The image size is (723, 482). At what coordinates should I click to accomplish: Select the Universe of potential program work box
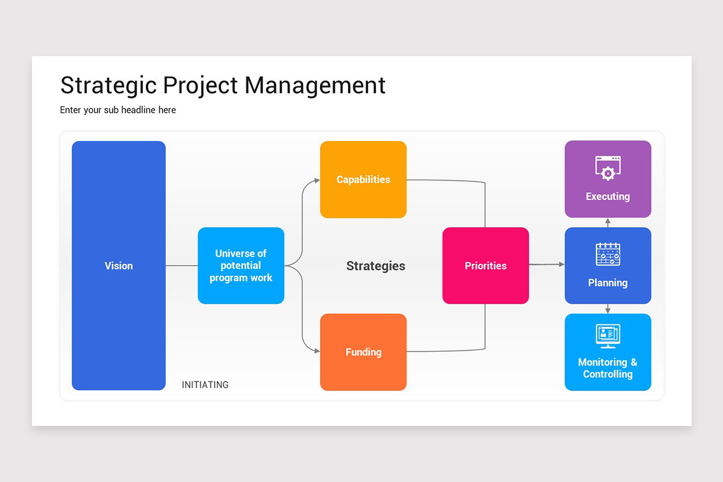pos(241,266)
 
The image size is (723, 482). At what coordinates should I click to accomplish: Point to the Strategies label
pos(375,266)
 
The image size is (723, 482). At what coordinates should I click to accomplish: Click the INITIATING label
pos(205,384)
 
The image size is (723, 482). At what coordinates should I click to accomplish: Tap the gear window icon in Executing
pos(608,168)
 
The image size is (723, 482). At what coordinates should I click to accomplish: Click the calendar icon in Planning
pos(608,254)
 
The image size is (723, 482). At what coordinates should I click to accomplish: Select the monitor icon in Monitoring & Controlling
pos(608,336)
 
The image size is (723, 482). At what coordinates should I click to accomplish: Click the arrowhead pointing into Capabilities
pos(316,180)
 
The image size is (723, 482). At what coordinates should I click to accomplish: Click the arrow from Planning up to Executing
pos(608,222)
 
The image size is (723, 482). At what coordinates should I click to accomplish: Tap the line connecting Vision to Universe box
pos(181,266)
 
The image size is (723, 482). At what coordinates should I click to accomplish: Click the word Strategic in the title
pos(108,86)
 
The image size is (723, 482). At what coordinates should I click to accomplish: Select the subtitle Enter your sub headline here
pos(118,110)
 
